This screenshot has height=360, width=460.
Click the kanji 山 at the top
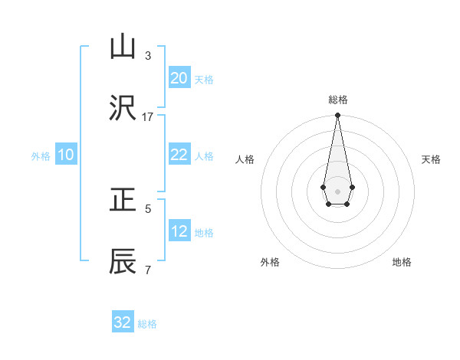[123, 47]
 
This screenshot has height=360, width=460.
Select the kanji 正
[123, 201]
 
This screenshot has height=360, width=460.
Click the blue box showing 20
[179, 77]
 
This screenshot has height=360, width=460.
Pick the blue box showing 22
[179, 155]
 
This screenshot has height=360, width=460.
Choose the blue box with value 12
[179, 231]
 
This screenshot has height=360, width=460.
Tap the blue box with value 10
[66, 155]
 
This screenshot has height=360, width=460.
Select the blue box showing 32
[123, 322]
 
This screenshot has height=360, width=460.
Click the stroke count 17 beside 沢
[147, 117]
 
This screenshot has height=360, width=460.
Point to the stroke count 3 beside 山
[147, 55]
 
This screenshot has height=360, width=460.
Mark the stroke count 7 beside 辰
[147, 270]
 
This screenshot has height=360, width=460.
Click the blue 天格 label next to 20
[203, 79]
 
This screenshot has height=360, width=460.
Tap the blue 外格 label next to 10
[41, 156]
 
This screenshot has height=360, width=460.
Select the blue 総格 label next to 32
[147, 324]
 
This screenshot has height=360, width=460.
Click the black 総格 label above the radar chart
[337, 100]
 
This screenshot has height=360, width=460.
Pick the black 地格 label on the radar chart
[402, 262]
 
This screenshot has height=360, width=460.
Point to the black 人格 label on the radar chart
[245, 159]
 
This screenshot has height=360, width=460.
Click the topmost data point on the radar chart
[337, 115]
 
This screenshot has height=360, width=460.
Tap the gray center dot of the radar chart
[337, 191]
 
